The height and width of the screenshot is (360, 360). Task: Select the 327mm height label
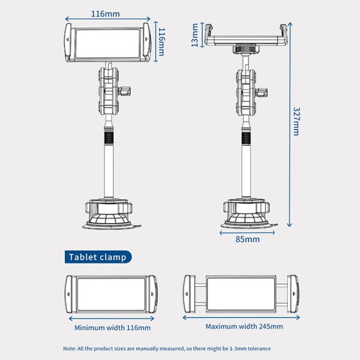296,122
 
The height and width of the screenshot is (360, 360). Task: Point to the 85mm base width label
247,239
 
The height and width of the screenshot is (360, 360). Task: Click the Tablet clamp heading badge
98,257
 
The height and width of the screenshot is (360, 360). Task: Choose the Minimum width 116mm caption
112,328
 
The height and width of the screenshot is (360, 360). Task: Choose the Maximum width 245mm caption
244,326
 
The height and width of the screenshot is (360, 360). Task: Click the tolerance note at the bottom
167,348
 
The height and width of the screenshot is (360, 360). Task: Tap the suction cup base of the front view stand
109,216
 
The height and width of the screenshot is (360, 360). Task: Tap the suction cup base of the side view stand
247,216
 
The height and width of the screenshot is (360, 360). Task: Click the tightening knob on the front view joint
128,92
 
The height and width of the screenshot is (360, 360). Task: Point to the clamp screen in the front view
109,44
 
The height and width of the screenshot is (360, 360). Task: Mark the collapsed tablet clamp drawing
112,295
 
